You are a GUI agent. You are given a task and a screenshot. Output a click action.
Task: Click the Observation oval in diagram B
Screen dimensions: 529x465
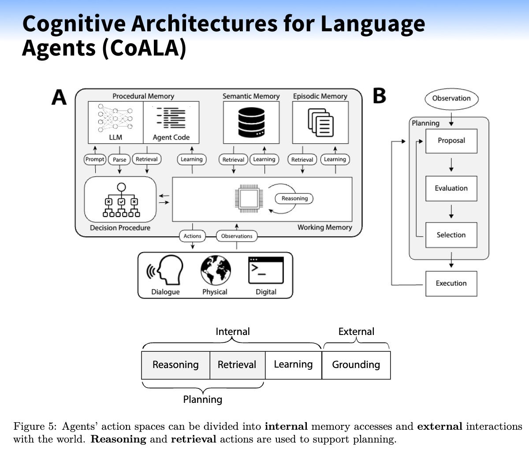tap(451, 99)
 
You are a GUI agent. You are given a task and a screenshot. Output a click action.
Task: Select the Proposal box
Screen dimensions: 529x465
tap(451, 141)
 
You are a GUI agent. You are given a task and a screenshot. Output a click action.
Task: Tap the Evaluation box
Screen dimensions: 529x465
tap(451, 188)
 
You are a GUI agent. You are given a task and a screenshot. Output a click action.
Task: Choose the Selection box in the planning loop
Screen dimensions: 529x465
tap(451, 235)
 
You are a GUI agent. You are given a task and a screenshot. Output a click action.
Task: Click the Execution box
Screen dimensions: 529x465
tap(451, 283)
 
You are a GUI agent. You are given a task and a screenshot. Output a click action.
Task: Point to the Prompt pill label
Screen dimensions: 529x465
tap(95, 159)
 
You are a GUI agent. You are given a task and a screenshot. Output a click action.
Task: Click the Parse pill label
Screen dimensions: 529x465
tap(119, 160)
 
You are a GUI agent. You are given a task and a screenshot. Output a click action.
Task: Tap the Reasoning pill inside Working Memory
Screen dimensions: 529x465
tap(294, 198)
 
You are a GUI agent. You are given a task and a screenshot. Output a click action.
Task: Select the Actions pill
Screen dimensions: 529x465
tap(192, 236)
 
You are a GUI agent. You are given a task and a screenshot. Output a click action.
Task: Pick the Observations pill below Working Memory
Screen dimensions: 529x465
tap(237, 236)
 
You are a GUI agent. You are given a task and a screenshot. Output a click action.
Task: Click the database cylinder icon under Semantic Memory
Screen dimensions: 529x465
tap(251, 122)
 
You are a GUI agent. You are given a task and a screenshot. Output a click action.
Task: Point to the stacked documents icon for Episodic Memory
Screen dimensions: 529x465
tap(320, 123)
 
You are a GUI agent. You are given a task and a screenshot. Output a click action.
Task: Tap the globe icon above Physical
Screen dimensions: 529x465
tap(216, 270)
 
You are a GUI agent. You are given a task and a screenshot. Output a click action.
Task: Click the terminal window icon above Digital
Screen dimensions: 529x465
tap(266, 270)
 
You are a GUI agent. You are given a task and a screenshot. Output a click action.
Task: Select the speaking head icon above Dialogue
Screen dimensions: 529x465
tap(165, 270)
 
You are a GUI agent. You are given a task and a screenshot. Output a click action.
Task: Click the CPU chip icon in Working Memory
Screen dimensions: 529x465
tap(249, 198)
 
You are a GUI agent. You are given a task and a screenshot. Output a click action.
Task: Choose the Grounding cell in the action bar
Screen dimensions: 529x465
tap(356, 365)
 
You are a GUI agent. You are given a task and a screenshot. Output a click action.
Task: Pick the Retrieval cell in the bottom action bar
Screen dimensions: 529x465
tap(237, 365)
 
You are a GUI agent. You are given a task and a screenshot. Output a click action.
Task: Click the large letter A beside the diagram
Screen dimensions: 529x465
tap(59, 97)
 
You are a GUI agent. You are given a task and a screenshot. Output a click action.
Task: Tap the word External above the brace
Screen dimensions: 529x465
tap(356, 331)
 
